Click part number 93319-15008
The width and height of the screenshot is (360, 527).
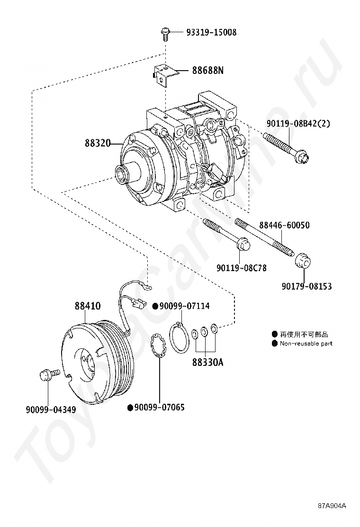[x=211, y=32]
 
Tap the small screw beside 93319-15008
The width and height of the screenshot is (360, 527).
[x=165, y=33]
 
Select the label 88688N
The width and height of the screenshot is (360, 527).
[x=207, y=71]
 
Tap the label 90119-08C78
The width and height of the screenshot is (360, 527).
[x=242, y=268]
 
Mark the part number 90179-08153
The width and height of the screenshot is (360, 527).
[x=306, y=286]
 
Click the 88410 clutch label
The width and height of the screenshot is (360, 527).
[x=87, y=306]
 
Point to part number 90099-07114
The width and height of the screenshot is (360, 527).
[x=178, y=306]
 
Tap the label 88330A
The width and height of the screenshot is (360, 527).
[x=207, y=363]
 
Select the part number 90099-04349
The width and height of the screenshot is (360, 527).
[x=50, y=409]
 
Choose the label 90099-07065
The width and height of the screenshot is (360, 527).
[x=159, y=407]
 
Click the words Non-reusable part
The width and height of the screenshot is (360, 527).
[x=306, y=343]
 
